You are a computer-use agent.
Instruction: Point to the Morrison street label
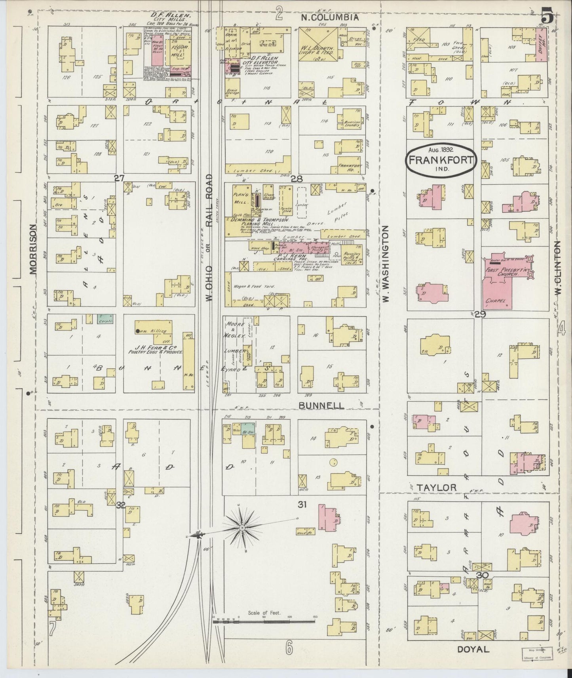click(32, 249)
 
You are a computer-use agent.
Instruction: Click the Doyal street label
click(473, 649)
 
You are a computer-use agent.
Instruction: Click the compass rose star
click(241, 528)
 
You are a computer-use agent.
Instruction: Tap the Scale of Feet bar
click(264, 622)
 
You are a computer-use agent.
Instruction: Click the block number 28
click(296, 179)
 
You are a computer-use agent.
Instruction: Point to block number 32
click(121, 505)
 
